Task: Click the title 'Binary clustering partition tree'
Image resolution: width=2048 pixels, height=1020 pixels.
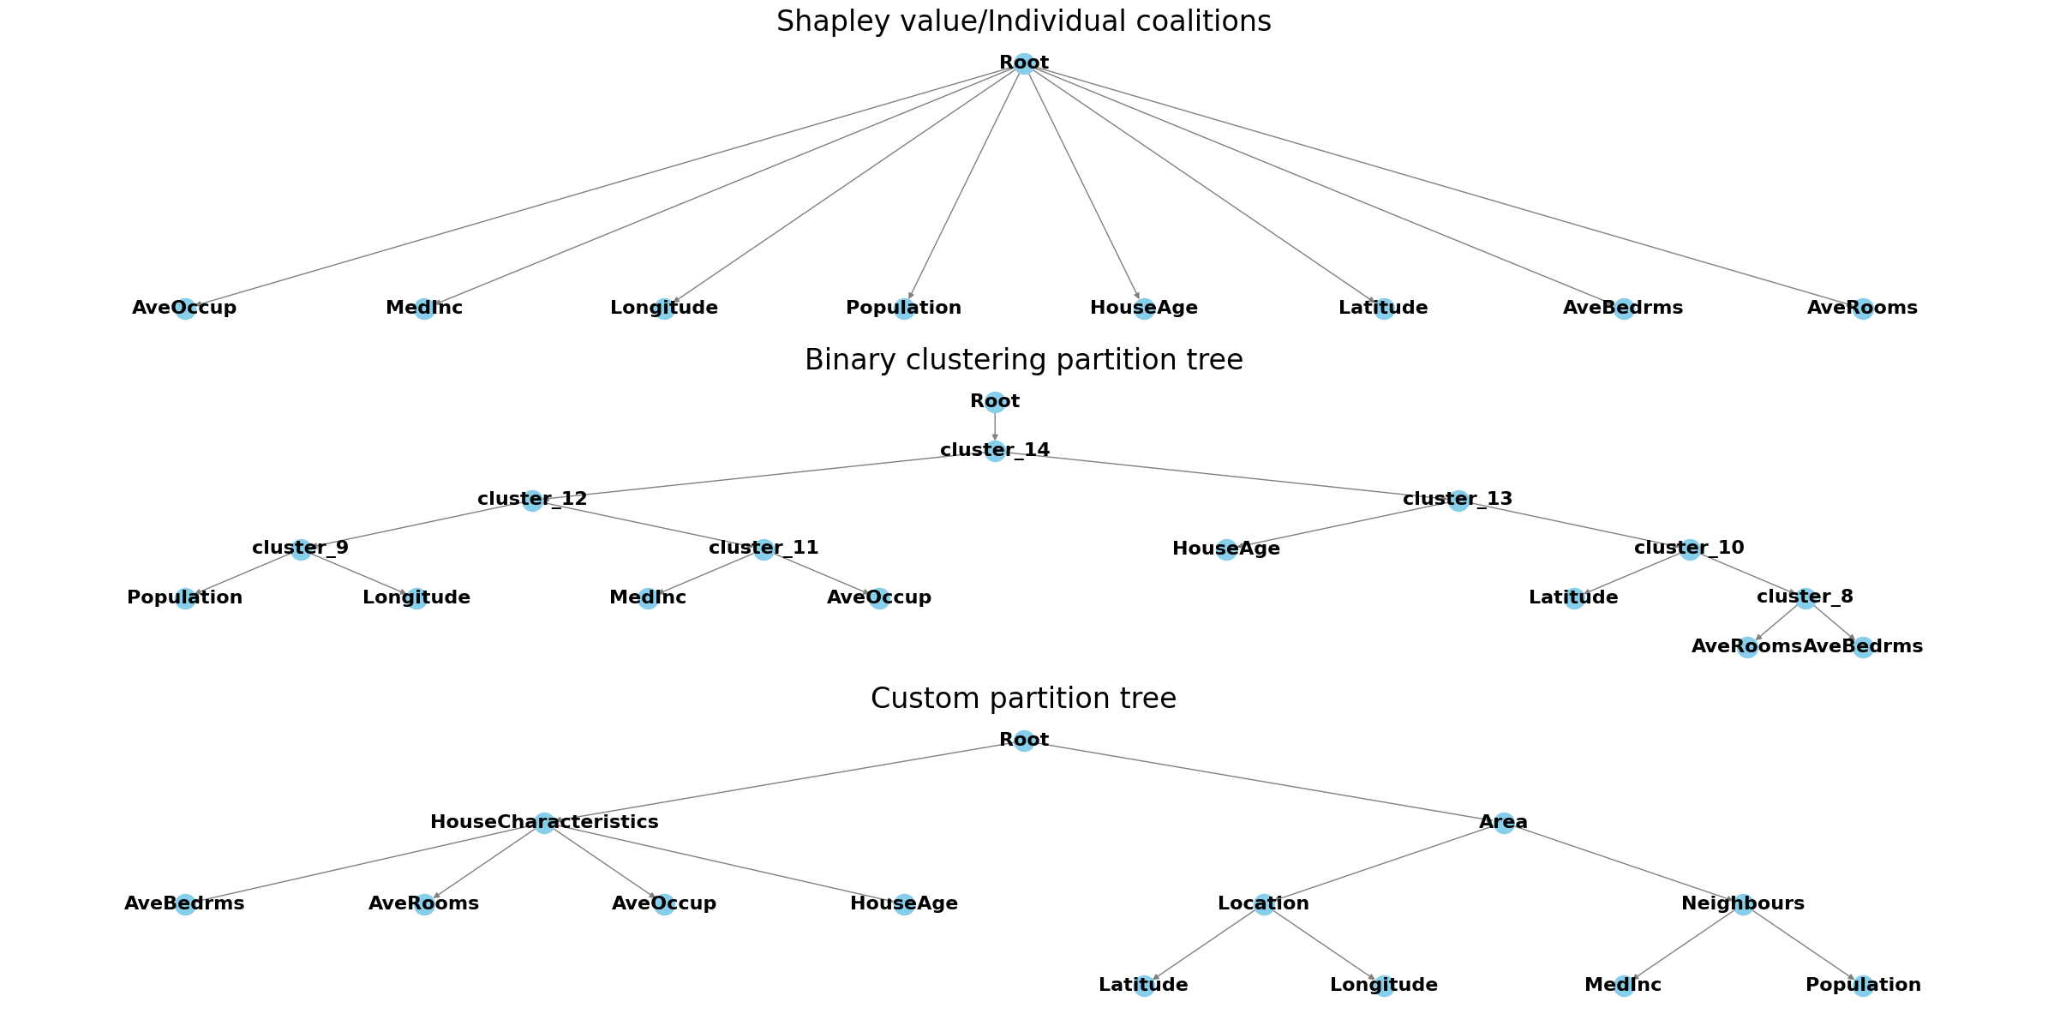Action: [1023, 360]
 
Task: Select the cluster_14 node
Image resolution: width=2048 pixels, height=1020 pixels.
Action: [995, 451]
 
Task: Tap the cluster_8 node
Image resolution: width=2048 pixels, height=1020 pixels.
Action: [1805, 597]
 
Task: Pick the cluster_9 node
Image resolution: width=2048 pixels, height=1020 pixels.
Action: [301, 549]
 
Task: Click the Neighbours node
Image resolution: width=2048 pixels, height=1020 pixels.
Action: [1743, 903]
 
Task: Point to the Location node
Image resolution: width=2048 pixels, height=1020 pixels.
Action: [1264, 903]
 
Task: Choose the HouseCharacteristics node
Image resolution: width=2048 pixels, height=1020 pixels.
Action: [544, 823]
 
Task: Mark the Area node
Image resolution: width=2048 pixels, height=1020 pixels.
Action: [1504, 823]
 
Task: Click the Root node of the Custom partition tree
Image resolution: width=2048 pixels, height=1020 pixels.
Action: [1024, 741]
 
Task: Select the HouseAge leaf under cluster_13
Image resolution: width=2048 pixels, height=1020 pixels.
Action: [1226, 549]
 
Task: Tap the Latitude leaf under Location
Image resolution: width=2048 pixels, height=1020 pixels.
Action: [1144, 986]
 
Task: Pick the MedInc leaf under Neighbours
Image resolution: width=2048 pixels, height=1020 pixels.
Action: [1623, 986]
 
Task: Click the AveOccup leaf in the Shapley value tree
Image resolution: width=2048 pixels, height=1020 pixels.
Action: [185, 309]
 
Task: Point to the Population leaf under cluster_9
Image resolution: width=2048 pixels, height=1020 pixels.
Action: [185, 598]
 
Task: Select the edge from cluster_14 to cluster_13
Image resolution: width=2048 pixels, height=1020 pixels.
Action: [1226, 476]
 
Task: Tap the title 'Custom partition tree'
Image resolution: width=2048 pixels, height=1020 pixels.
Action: [1023, 699]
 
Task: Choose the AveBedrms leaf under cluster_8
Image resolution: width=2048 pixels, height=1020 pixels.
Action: [1863, 647]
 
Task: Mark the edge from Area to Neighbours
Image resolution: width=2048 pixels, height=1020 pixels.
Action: [1623, 863]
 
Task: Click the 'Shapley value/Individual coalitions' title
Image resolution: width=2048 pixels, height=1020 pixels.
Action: [1023, 21]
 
